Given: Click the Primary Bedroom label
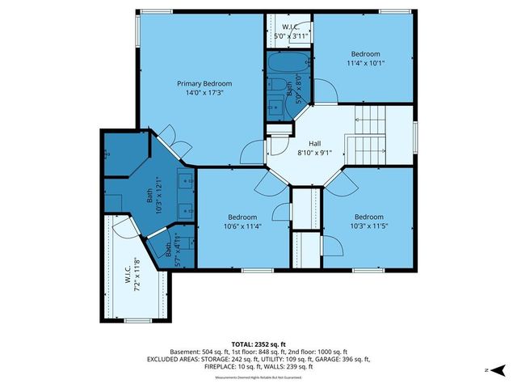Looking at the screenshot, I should click(x=204, y=83).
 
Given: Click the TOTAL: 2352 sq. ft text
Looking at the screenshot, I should click(x=258, y=343).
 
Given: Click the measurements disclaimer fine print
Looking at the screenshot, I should click(x=258, y=377).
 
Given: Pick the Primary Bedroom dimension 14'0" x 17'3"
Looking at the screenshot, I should click(x=204, y=93).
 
